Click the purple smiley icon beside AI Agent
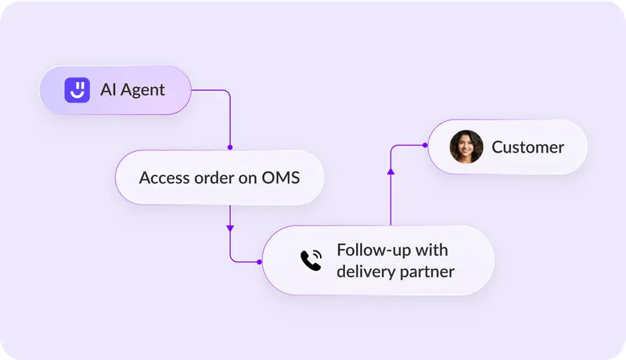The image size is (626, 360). (76, 90)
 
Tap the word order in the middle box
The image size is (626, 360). (215, 178)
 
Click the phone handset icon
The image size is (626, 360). (311, 261)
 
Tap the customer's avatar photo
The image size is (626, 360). (466, 147)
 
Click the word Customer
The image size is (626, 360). (527, 147)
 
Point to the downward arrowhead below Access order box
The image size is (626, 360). (230, 229)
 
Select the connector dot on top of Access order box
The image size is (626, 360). (230, 147)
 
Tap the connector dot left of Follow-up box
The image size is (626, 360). (260, 261)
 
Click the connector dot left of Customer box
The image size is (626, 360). (424, 145)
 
